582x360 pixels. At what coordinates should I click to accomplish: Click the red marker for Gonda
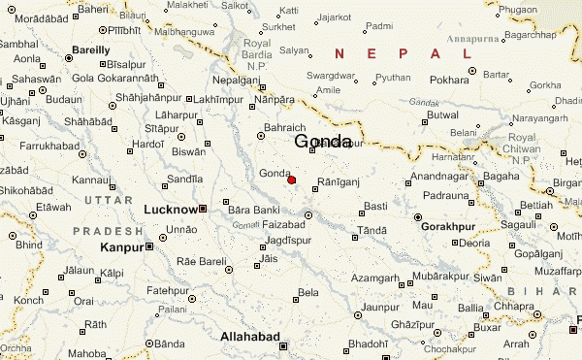(x=291, y=180)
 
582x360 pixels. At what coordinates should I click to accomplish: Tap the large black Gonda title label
(x=322, y=142)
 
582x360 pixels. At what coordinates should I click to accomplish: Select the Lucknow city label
(x=170, y=210)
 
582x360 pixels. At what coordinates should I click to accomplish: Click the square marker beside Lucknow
(x=203, y=209)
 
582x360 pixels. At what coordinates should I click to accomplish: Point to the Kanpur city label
(x=122, y=247)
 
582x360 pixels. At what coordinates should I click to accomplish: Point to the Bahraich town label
(x=285, y=127)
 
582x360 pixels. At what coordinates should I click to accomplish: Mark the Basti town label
(x=375, y=205)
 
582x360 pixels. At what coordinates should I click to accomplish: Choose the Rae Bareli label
(x=201, y=262)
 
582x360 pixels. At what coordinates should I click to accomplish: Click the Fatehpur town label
(x=167, y=290)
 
